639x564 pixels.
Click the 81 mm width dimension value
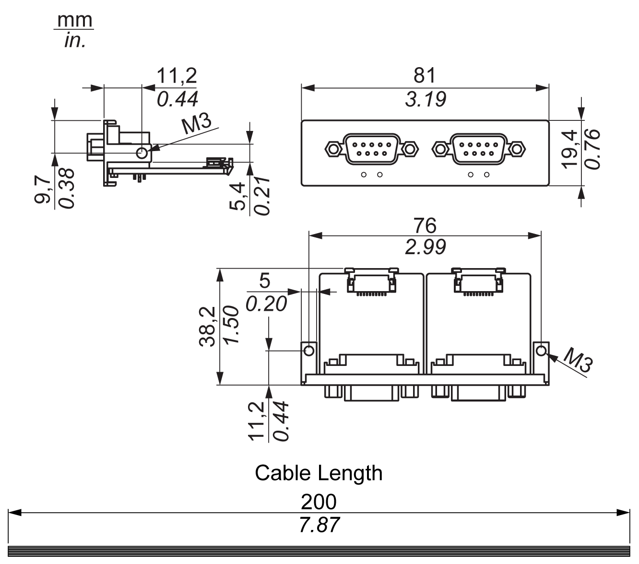(425, 75)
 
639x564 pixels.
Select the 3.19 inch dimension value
(426, 99)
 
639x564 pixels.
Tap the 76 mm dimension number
(425, 225)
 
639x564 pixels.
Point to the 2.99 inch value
(426, 247)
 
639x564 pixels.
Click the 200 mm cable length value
(319, 502)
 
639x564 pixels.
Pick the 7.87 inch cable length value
(319, 525)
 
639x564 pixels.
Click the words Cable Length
(319, 473)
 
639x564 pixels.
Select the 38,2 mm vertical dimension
(207, 327)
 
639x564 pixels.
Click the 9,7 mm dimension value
(43, 190)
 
